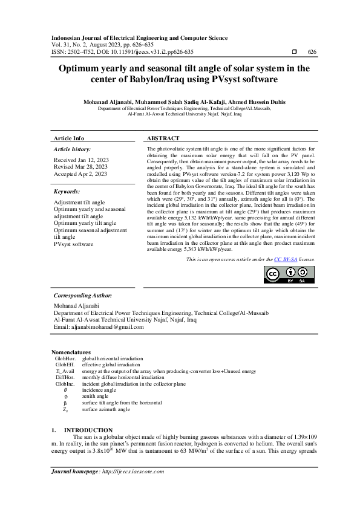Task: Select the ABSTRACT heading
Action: [x=163, y=138]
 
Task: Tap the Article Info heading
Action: [x=69, y=138]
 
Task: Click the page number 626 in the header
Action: [x=312, y=53]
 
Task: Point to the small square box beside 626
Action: [x=294, y=53]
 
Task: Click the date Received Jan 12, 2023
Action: [x=80, y=160]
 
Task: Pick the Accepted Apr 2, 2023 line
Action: [x=80, y=173]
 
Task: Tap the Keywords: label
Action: [x=67, y=191]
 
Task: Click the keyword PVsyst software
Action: [x=74, y=244]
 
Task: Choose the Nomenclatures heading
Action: [x=71, y=352]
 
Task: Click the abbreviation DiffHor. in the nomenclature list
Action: [x=65, y=377]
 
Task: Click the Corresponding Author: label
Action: [x=83, y=296]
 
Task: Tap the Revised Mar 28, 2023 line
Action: [x=81, y=166]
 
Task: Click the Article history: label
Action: [x=73, y=149]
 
